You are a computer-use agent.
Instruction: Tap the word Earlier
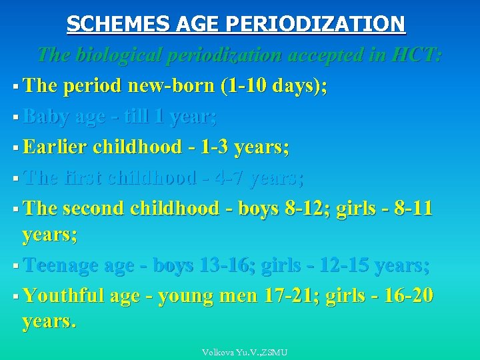[55, 147]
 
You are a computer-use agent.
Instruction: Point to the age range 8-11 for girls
[411, 208]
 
